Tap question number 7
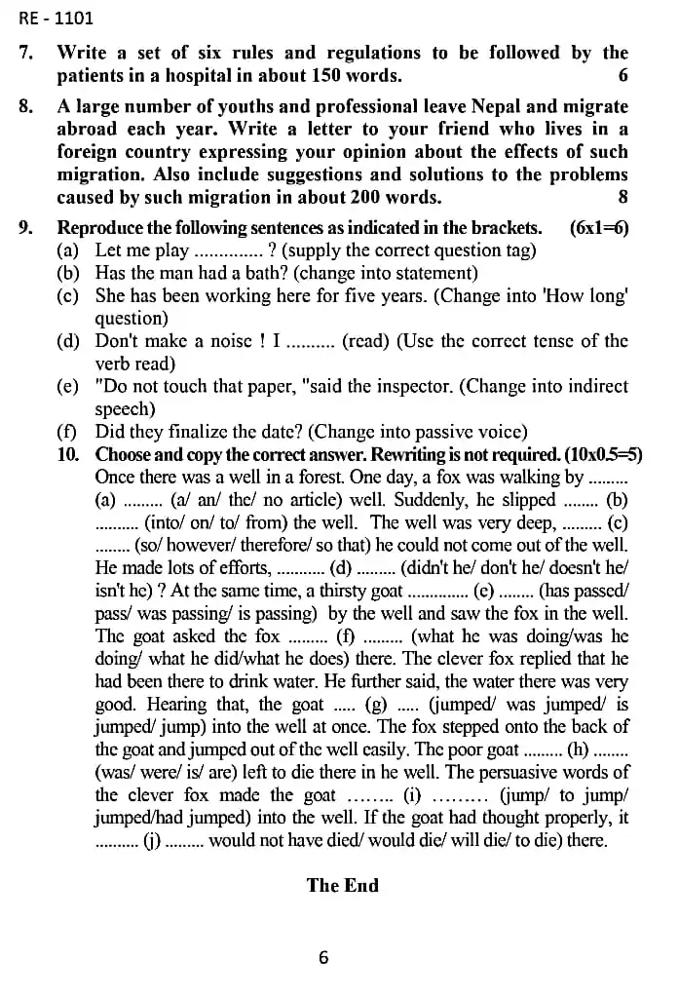click(26, 53)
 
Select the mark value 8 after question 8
click(623, 197)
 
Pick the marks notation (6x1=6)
click(598, 228)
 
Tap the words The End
click(342, 885)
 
